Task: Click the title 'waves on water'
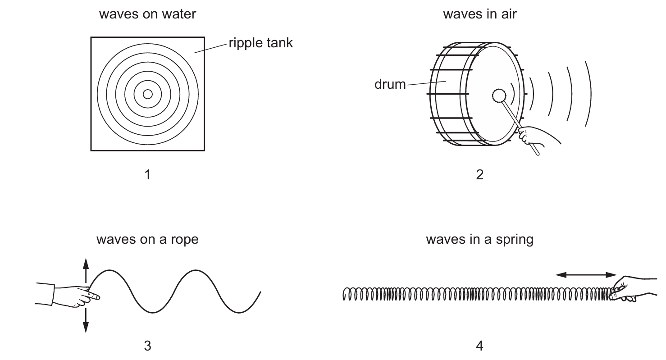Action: coord(147,14)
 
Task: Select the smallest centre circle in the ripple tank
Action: coord(147,94)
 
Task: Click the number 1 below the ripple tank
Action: coord(147,174)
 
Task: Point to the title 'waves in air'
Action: coord(479,14)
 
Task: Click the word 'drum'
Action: coord(390,84)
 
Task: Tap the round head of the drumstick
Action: coord(498,96)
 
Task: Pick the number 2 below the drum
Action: coord(479,174)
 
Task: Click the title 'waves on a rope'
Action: coord(147,239)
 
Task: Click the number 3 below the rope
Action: coord(147,346)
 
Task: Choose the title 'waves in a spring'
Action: coord(479,239)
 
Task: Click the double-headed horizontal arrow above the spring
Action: coord(585,274)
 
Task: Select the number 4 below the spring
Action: coord(479,346)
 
